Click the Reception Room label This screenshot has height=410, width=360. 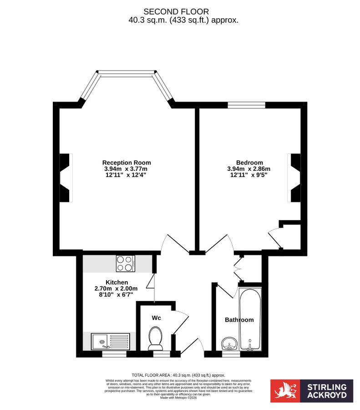point(127,163)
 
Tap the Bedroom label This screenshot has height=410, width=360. point(249,163)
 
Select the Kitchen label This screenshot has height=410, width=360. point(117,282)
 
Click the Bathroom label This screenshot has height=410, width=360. point(239,320)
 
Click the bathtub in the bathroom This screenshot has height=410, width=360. point(250,319)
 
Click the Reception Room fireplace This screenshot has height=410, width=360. point(66,177)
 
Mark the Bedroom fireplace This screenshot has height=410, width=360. point(294,177)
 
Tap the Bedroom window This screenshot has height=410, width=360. point(246,105)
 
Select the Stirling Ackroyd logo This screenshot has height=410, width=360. point(311,390)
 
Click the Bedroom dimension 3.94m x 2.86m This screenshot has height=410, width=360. point(249,169)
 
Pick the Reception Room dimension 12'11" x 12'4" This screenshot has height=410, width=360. point(127,174)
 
